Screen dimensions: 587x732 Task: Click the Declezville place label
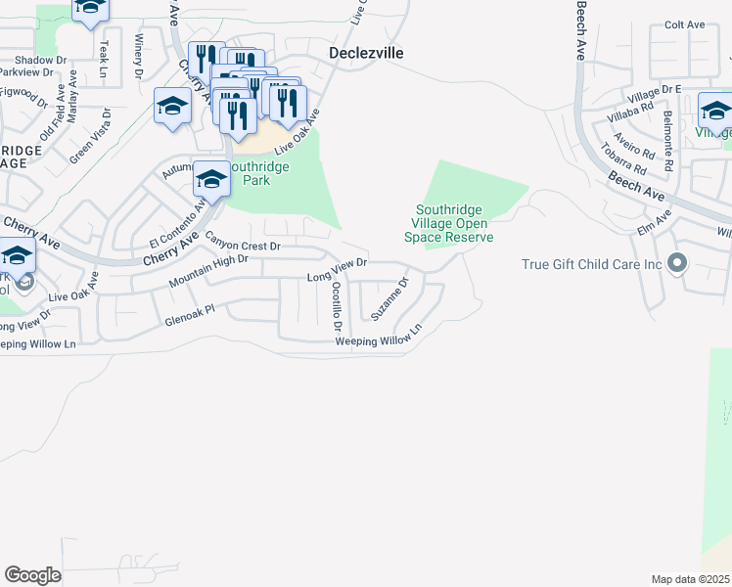(367, 53)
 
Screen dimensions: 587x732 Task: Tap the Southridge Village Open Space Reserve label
(454, 223)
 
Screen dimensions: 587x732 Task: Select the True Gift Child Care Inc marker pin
(675, 263)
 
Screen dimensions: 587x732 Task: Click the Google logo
(32, 575)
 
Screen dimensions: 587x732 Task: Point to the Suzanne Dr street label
(389, 298)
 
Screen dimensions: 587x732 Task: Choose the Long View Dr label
(336, 271)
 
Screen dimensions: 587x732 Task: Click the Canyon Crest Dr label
(243, 242)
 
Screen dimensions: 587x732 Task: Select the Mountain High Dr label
(207, 269)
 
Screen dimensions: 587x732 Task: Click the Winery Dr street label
(139, 56)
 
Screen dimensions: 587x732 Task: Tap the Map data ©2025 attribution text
(690, 579)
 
